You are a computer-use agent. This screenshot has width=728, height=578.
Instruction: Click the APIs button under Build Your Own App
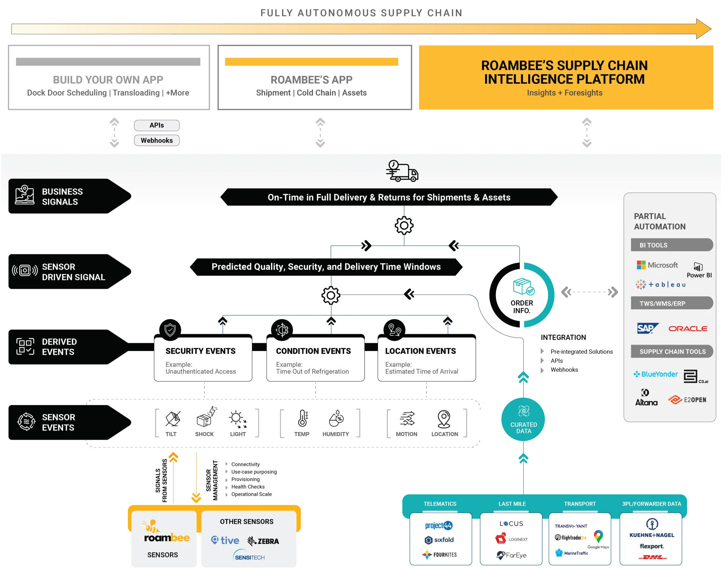(157, 125)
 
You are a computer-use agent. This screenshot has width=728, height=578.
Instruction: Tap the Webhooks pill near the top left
(157, 141)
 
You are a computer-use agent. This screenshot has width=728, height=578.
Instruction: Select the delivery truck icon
(402, 171)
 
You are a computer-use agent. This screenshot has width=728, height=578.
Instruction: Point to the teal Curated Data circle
(523, 420)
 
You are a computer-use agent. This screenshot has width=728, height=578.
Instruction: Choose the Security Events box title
(201, 351)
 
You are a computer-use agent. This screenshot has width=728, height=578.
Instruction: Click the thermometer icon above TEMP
(303, 418)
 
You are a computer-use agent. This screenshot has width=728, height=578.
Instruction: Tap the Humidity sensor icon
(336, 418)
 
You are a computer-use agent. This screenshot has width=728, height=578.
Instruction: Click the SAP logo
(648, 328)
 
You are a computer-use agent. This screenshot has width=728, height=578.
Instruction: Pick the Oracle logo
(688, 329)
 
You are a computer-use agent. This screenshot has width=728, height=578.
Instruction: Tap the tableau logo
(661, 284)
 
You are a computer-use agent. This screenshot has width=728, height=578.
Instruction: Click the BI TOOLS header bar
(672, 245)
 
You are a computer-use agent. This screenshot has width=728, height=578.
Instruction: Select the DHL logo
(653, 557)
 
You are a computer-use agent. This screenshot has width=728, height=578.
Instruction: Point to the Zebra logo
(263, 541)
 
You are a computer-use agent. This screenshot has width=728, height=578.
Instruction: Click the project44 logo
(439, 525)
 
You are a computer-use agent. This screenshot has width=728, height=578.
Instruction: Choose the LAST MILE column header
(512, 504)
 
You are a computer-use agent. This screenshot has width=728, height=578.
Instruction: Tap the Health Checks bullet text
(248, 487)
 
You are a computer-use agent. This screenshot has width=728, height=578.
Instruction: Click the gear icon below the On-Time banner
(404, 226)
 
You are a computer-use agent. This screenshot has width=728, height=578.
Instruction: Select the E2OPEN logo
(687, 400)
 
